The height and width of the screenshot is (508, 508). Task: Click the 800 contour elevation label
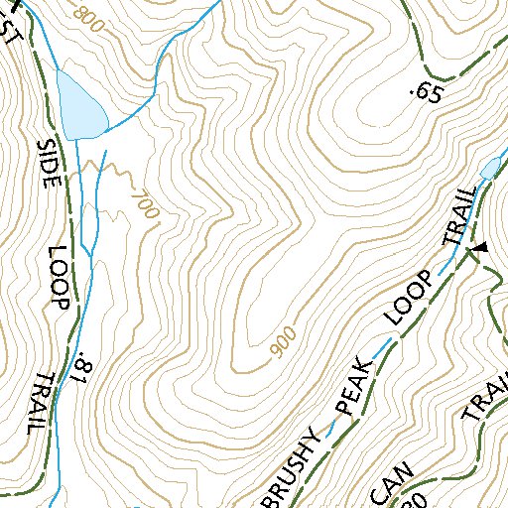click(x=88, y=18)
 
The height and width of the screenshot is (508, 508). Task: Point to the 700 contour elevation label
click(x=145, y=204)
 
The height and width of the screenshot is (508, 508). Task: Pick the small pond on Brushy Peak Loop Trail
click(x=490, y=169)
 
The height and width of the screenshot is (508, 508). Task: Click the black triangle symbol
click(x=480, y=246)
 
